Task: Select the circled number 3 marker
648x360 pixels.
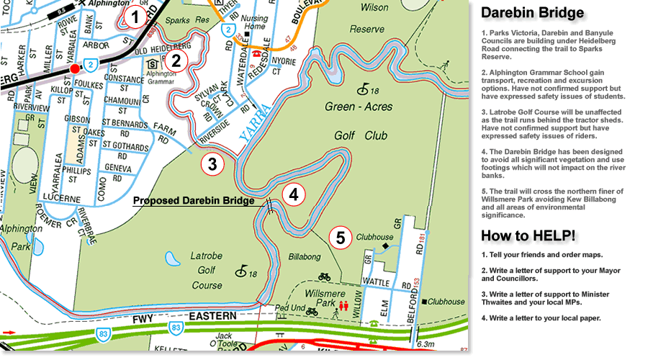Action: pos(212,163)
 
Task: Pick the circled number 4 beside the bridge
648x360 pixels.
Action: pos(294,194)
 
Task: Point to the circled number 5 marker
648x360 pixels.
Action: pos(341,236)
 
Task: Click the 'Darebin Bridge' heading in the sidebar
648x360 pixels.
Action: pos(532,14)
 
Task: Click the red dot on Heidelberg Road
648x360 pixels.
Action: pos(74,68)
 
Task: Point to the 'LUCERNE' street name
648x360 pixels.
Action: pos(60,198)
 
